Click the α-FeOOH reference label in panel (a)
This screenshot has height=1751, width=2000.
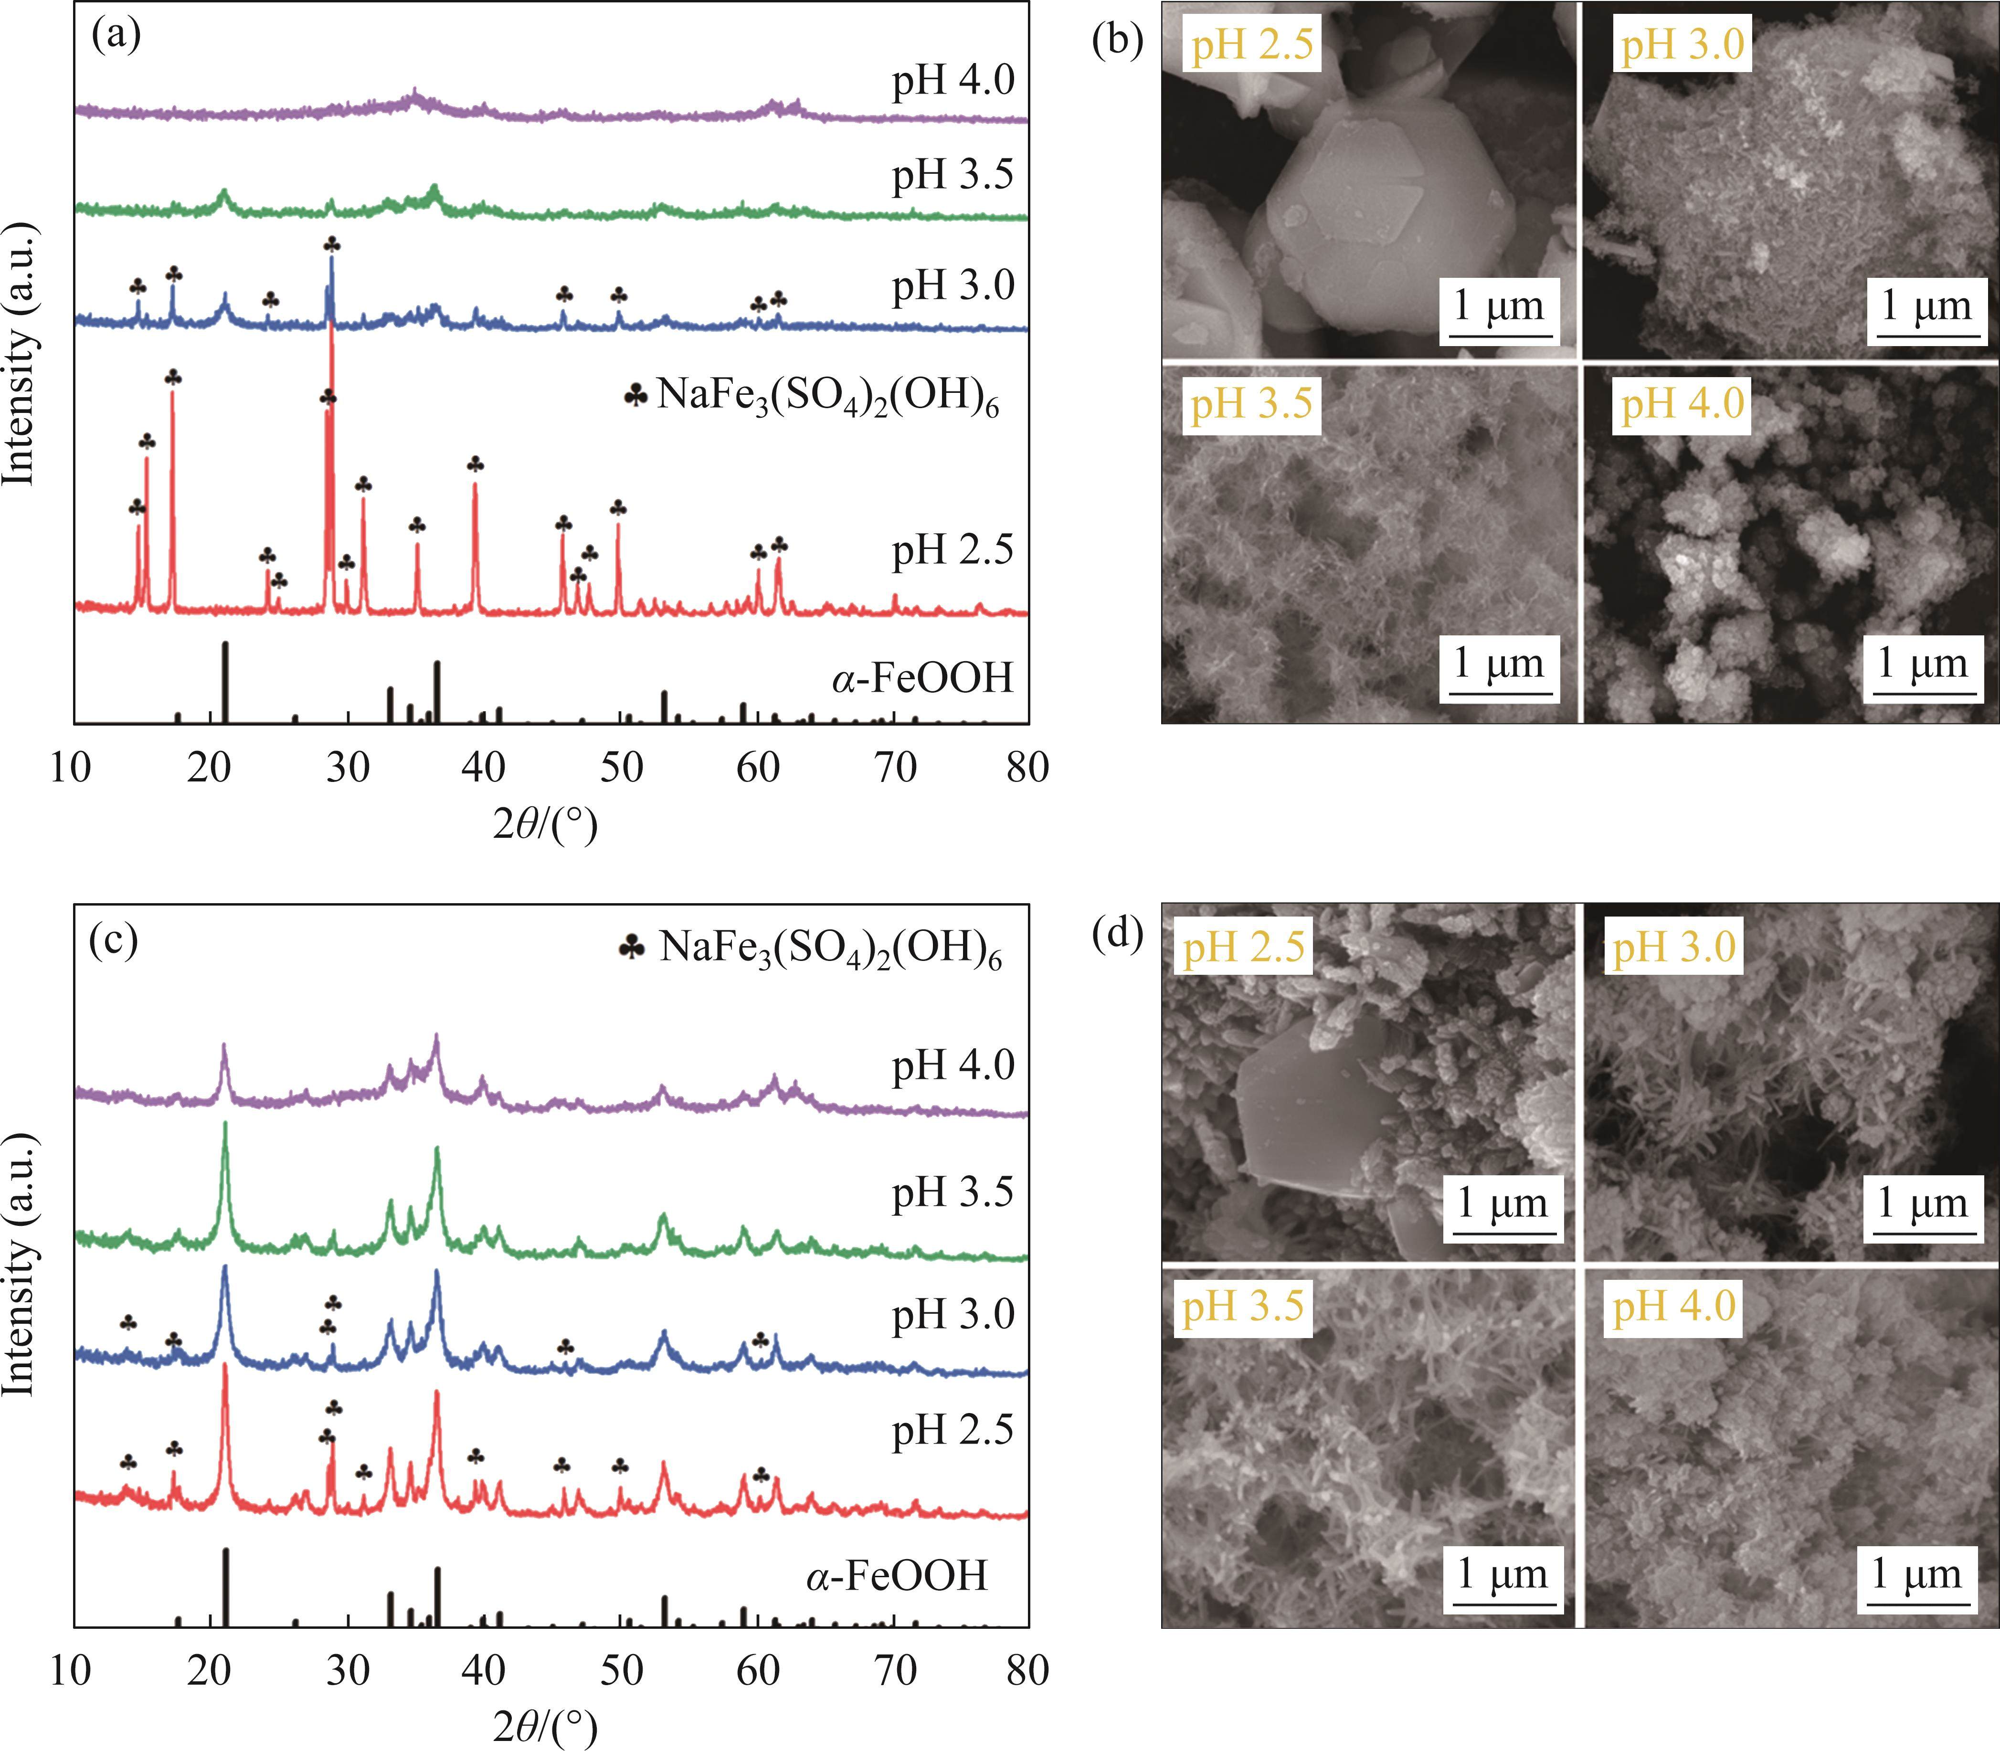click(922, 677)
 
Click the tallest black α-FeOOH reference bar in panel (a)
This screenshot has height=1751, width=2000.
click(226, 682)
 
